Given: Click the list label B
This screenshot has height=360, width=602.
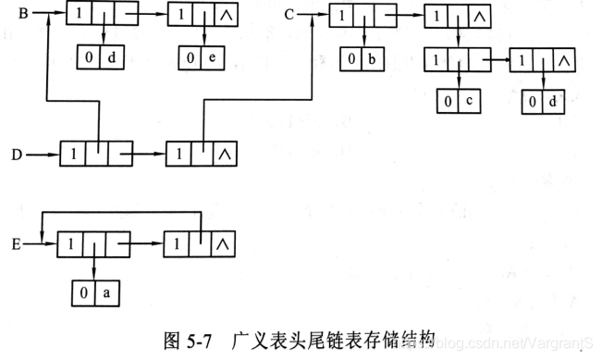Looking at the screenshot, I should coord(24,14).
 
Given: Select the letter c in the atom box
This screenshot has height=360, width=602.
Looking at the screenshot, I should coord(469,101).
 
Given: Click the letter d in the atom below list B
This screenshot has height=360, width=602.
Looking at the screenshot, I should coord(110,59).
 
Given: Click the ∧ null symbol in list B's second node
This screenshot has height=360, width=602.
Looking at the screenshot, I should coord(226,15).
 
